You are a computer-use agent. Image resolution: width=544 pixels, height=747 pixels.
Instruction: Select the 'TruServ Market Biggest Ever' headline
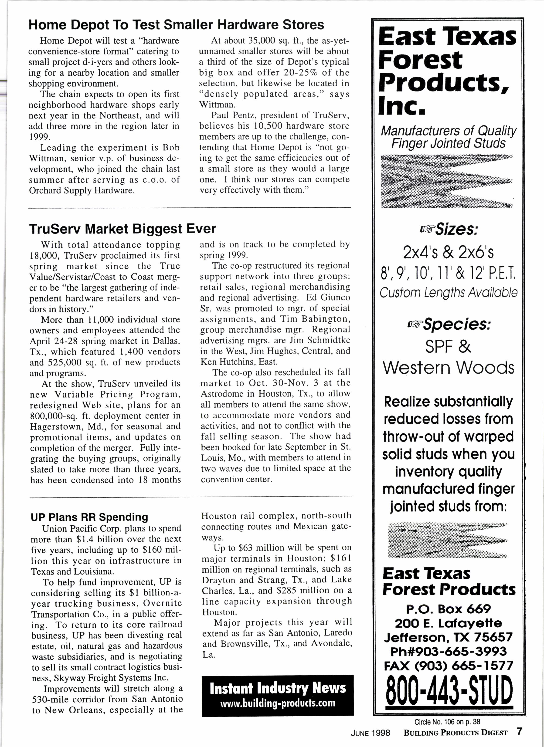click(x=122, y=229)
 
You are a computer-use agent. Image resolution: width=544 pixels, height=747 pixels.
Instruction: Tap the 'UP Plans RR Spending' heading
click(x=89, y=517)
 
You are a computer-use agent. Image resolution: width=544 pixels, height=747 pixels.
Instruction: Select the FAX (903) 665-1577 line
click(x=449, y=666)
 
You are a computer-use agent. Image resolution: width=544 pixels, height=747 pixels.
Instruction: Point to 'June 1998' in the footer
click(x=370, y=733)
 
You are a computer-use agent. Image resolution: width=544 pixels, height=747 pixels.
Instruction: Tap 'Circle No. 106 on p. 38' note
click(x=447, y=722)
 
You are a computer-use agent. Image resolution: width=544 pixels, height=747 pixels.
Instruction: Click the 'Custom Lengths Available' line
click(x=449, y=292)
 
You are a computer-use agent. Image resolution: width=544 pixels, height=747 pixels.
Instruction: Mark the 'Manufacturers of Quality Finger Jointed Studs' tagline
click(x=449, y=137)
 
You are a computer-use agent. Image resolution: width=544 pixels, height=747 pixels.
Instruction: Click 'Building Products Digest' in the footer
click(x=455, y=733)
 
